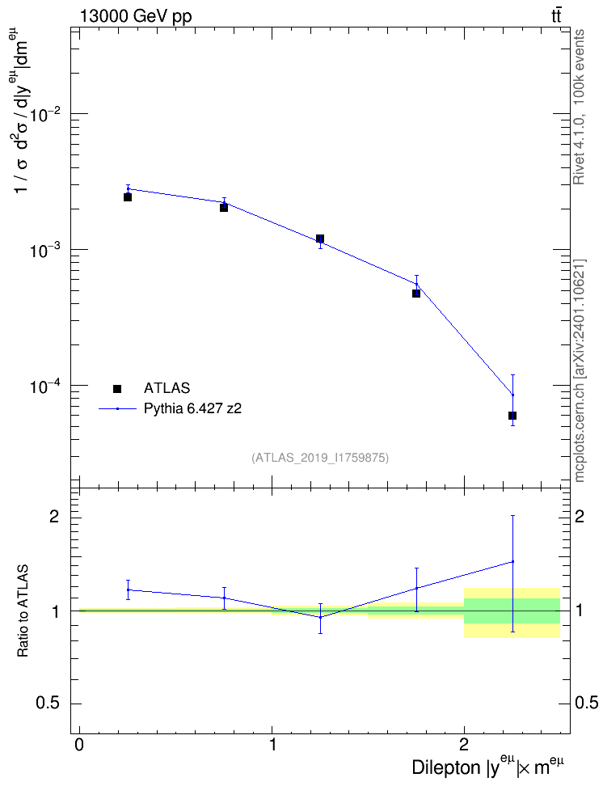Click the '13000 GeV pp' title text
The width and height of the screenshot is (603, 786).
[x=136, y=16]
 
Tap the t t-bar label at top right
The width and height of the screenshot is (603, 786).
[x=556, y=16]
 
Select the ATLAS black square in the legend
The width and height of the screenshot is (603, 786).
[x=117, y=388]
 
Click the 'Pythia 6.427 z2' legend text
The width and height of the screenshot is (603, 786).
[x=192, y=409]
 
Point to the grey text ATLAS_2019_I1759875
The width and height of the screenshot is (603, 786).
[x=320, y=457]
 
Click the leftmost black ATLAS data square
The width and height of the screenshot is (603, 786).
[x=128, y=197]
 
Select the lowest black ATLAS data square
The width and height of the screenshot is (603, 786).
[x=512, y=416]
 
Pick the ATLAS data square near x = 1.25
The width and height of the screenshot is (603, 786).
[x=320, y=239]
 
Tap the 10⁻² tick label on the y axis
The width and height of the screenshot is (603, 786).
[x=45, y=114]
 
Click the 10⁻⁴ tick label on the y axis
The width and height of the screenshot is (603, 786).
[x=45, y=386]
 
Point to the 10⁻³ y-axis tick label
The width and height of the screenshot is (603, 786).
[x=45, y=250]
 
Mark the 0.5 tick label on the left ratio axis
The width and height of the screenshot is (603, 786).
[x=48, y=704]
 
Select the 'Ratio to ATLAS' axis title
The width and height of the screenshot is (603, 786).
[x=23, y=611]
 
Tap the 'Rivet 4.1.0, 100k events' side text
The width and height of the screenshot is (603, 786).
[x=579, y=107]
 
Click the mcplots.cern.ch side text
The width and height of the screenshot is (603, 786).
[x=579, y=426]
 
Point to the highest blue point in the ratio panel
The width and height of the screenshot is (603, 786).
[x=512, y=561]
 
